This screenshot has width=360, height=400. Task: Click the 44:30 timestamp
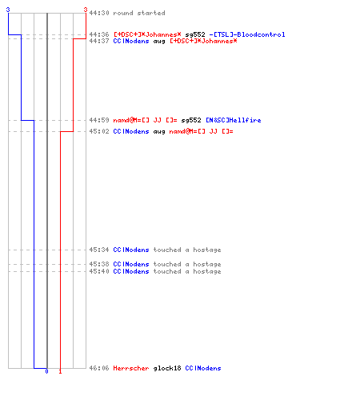99,13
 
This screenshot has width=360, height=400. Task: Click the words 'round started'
139,13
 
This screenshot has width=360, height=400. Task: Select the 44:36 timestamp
99,34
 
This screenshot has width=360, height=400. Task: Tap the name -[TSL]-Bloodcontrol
247,34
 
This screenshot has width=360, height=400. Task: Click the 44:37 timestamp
99,41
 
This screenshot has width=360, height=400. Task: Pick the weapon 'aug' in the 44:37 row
159,42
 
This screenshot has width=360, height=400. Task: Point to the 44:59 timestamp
99,120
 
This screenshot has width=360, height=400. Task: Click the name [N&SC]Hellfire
234,120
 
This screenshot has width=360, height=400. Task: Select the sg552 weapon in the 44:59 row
191,120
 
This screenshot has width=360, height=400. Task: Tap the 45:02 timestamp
99,131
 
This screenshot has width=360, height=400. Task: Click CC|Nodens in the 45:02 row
131,131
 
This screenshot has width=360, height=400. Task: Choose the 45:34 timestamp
99,250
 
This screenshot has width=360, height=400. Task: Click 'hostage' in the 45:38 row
207,264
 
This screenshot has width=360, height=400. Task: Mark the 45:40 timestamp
99,271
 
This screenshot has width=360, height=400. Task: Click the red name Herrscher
131,368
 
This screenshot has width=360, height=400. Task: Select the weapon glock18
167,368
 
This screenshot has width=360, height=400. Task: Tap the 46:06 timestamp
99,368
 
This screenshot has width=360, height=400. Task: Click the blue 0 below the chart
46,371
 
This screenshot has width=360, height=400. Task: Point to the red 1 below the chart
60,371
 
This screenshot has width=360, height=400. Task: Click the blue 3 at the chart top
8,10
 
